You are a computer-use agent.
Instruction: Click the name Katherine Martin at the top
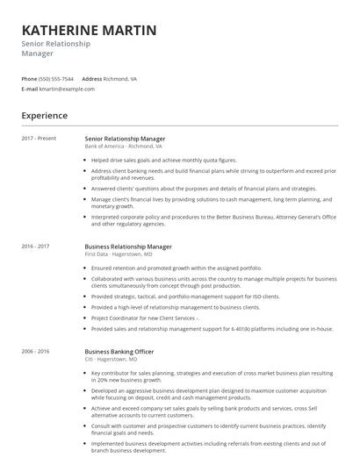click(90, 31)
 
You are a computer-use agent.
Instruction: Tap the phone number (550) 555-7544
click(57, 78)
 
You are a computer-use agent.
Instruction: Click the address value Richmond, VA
click(120, 78)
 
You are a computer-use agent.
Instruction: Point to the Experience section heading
click(45, 115)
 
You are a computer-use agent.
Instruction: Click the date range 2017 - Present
click(39, 139)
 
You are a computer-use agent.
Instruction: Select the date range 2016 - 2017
click(36, 247)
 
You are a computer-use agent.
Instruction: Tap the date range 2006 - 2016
click(36, 350)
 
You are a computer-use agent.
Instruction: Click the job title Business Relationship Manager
click(128, 247)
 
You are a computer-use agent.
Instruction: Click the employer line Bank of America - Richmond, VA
click(123, 146)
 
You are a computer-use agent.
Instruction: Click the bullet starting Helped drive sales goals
click(164, 161)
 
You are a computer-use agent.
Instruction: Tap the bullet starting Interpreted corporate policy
click(211, 218)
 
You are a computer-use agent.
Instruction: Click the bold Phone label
click(29, 78)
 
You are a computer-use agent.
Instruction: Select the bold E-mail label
click(30, 89)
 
